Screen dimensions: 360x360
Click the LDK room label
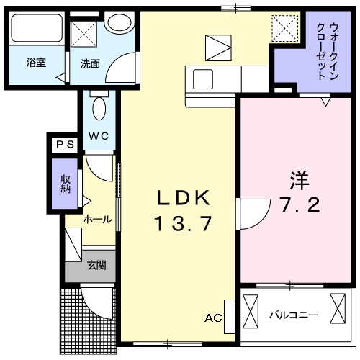pos(183,197)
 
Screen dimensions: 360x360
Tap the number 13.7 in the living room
pos(183,224)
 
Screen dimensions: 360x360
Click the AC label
pos(213,318)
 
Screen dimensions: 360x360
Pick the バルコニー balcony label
pos(293,315)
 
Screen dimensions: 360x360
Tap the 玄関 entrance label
pos(97,266)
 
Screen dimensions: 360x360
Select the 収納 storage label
pos(66,183)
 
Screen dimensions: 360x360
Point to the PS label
pos(65,144)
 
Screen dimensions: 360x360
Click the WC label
pos(99,135)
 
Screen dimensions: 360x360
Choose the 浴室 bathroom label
pos(37,62)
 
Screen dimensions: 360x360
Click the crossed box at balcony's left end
pos(250,312)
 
